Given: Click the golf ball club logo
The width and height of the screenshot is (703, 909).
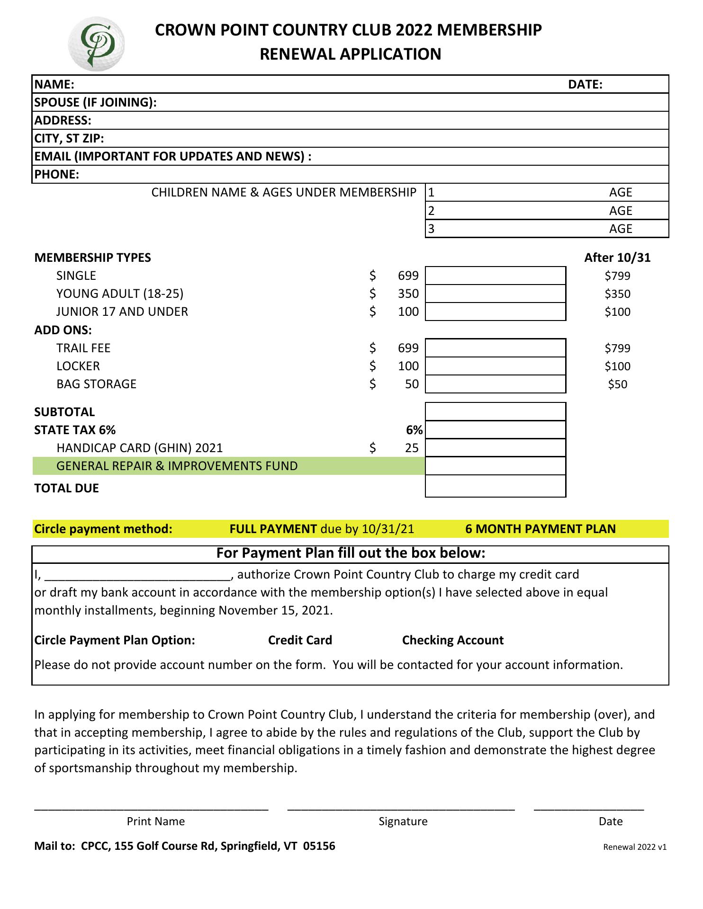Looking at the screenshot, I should click(97, 44).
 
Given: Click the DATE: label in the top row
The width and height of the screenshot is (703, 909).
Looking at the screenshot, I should click(585, 85).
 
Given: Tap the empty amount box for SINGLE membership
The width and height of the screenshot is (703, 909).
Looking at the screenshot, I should click(496, 276).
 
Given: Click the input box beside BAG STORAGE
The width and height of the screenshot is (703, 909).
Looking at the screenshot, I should click(496, 384).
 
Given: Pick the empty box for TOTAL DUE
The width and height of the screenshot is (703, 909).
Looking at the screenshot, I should click(496, 487).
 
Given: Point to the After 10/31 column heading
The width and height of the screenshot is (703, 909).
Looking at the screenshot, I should click(617, 258).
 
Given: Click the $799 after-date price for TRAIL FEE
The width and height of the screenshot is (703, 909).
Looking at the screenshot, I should click(617, 348).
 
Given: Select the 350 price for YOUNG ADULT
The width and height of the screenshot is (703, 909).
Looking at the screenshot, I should click(408, 294).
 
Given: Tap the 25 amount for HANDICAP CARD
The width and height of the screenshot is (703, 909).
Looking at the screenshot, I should click(412, 448).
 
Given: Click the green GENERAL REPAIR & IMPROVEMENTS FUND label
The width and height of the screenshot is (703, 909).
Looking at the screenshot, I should click(177, 466).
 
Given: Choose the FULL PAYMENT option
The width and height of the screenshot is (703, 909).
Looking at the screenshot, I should click(273, 529).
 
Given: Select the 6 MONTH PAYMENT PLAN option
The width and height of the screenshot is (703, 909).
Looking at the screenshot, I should click(541, 529).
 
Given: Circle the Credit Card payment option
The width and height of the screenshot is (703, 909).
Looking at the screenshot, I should click(300, 641).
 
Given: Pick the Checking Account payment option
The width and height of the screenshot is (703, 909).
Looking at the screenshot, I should click(452, 641).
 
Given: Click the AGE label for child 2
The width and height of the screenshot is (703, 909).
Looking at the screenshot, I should click(621, 211).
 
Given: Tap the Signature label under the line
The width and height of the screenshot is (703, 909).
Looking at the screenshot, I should click(403, 821).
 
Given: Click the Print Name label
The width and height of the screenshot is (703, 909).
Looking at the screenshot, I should click(155, 821).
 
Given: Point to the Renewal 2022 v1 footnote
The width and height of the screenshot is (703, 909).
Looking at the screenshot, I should click(634, 847).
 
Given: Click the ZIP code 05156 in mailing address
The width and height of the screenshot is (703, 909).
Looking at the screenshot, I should click(319, 846).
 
